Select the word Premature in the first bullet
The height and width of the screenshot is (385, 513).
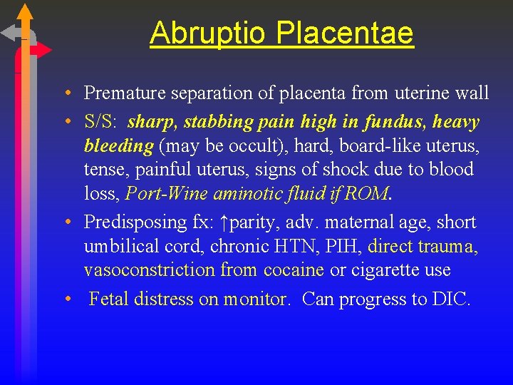point(118,93)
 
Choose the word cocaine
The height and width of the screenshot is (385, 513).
point(287,270)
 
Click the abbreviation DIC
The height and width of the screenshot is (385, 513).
point(450,299)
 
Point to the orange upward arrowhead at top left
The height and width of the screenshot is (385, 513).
point(25,11)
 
